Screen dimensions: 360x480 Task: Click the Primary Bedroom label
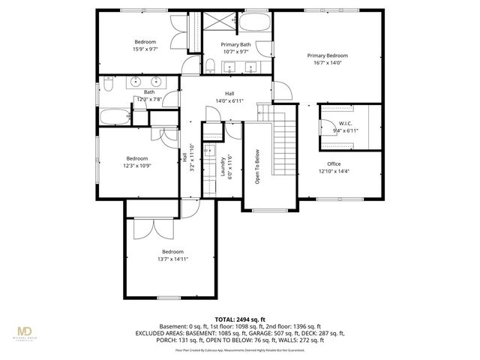pyautogui.click(x=327, y=55)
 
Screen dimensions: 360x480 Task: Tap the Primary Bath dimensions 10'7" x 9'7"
pyautogui.click(x=234, y=52)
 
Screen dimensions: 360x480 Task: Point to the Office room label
pyautogui.click(x=334, y=163)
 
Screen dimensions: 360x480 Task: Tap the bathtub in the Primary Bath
pyautogui.click(x=253, y=27)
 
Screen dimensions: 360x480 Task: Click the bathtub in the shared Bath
pyautogui.click(x=114, y=117)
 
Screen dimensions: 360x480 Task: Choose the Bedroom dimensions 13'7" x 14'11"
pyautogui.click(x=172, y=259)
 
